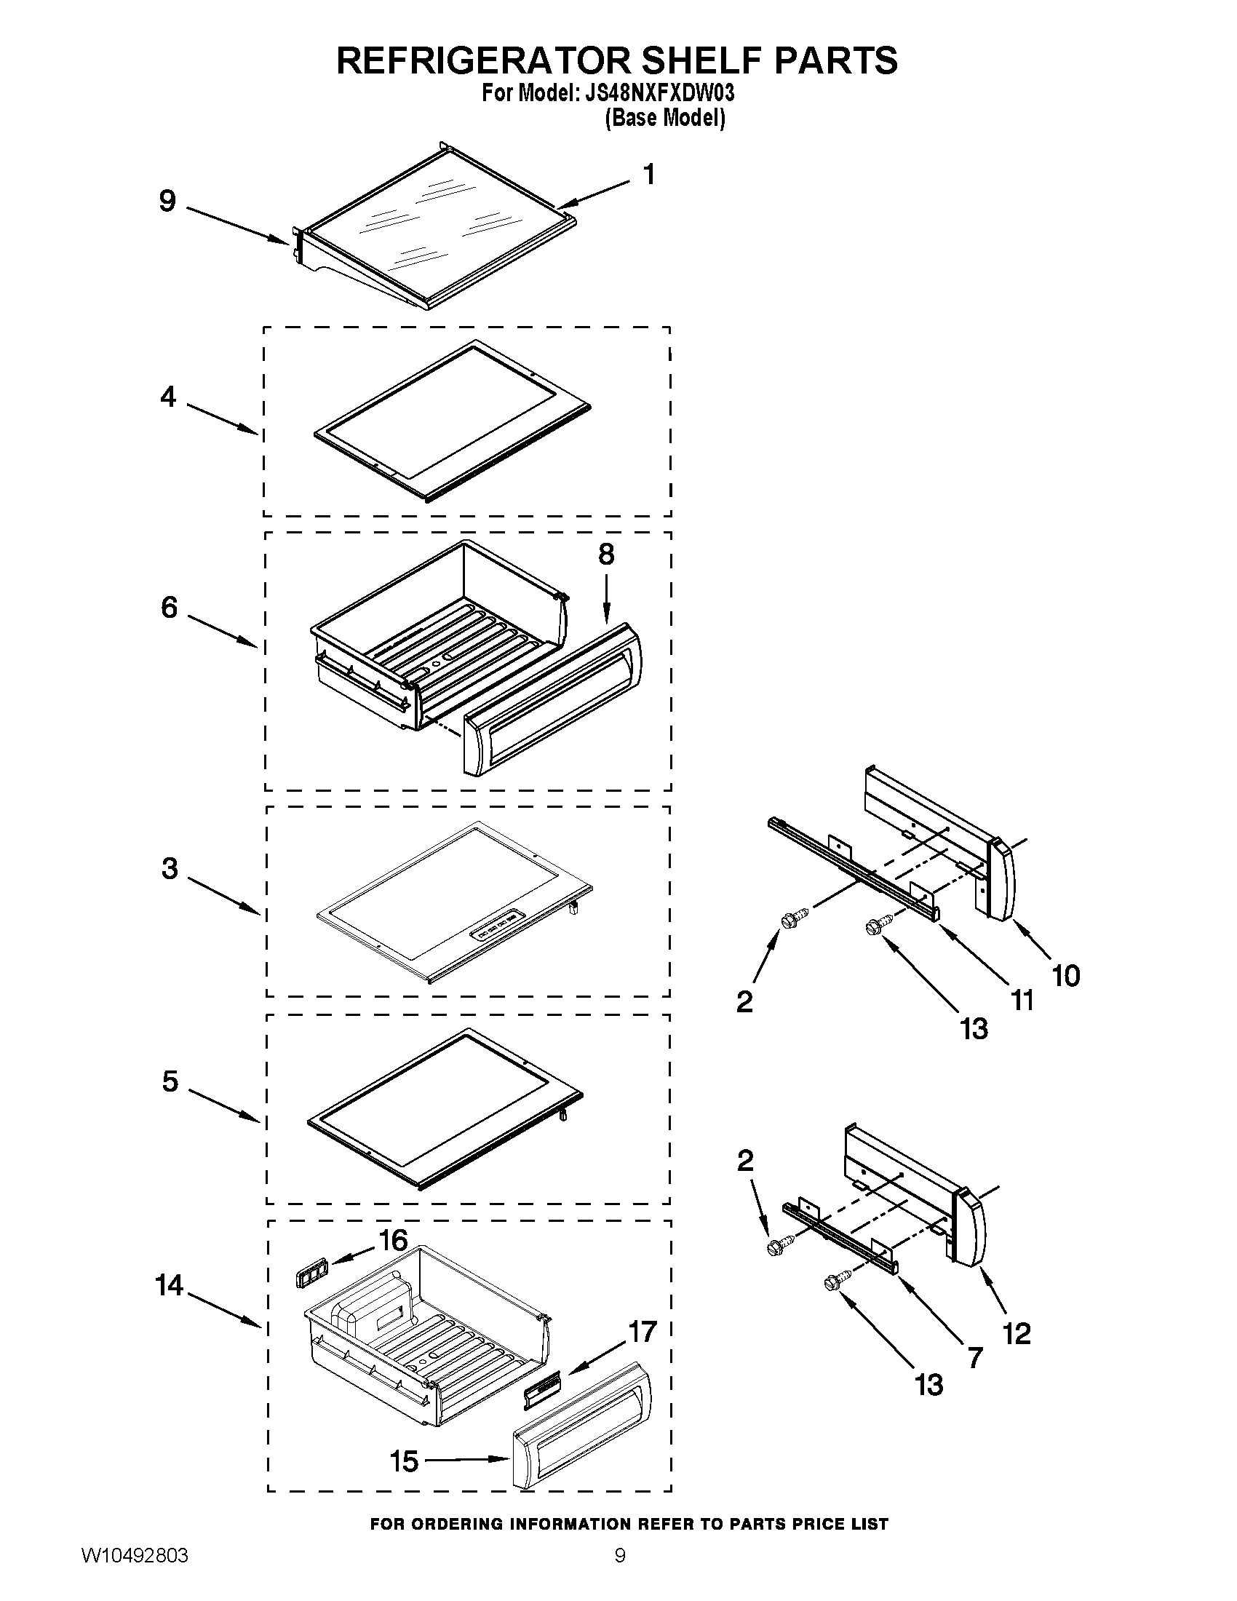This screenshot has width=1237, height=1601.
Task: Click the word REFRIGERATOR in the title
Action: click(x=483, y=61)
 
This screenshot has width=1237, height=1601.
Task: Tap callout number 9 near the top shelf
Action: click(x=167, y=201)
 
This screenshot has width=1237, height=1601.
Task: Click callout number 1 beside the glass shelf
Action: click(x=648, y=175)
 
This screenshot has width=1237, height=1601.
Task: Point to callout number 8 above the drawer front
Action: click(x=606, y=555)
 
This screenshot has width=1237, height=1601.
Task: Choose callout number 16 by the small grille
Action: click(x=393, y=1240)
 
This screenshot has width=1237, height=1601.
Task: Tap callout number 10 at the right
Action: click(x=1065, y=976)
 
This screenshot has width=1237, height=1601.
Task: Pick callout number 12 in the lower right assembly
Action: click(x=1017, y=1332)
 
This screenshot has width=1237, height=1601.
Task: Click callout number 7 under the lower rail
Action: click(x=974, y=1358)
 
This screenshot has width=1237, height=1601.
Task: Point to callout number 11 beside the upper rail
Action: click(x=1022, y=1000)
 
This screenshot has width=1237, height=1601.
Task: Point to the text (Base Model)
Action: click(x=664, y=118)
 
